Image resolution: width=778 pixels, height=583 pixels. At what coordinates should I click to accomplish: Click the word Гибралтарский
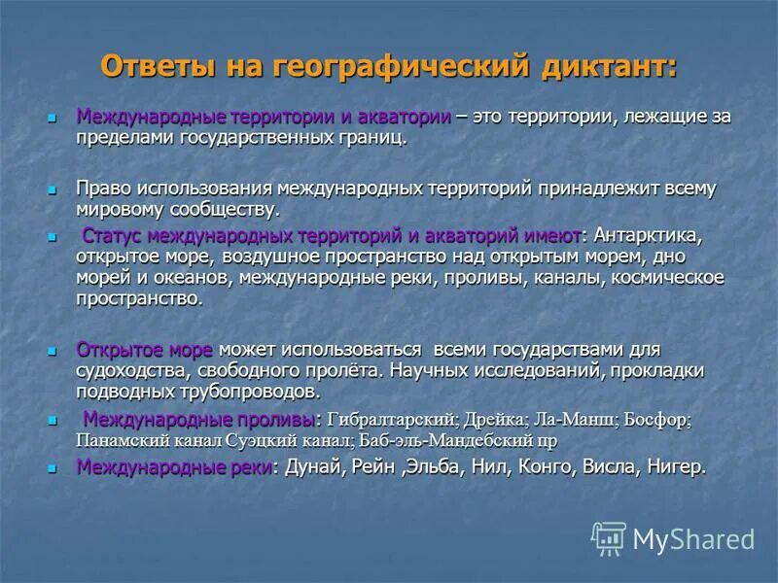[x=392, y=420]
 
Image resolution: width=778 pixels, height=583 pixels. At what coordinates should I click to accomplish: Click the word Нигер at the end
[x=672, y=467]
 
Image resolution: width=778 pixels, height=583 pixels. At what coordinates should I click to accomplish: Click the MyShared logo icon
[x=609, y=538]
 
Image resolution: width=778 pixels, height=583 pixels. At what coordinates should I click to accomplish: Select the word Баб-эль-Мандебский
[x=441, y=440]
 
